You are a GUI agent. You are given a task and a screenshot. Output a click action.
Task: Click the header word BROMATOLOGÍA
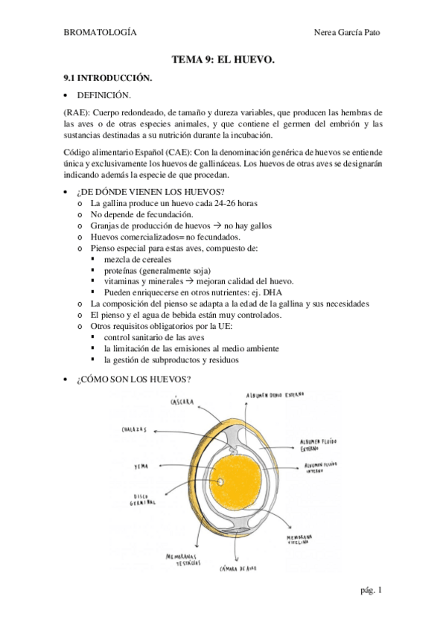point(100,31)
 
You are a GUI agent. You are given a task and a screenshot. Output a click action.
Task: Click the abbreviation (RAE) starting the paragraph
point(75,112)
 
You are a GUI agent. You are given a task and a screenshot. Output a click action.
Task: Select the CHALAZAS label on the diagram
point(135,430)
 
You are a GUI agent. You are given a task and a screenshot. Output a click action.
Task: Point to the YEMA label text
point(141,467)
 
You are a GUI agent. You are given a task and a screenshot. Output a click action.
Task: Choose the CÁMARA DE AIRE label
point(238,571)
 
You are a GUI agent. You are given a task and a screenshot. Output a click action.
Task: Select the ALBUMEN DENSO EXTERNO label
point(276,394)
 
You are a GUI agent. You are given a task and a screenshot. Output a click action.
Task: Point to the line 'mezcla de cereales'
point(137,258)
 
